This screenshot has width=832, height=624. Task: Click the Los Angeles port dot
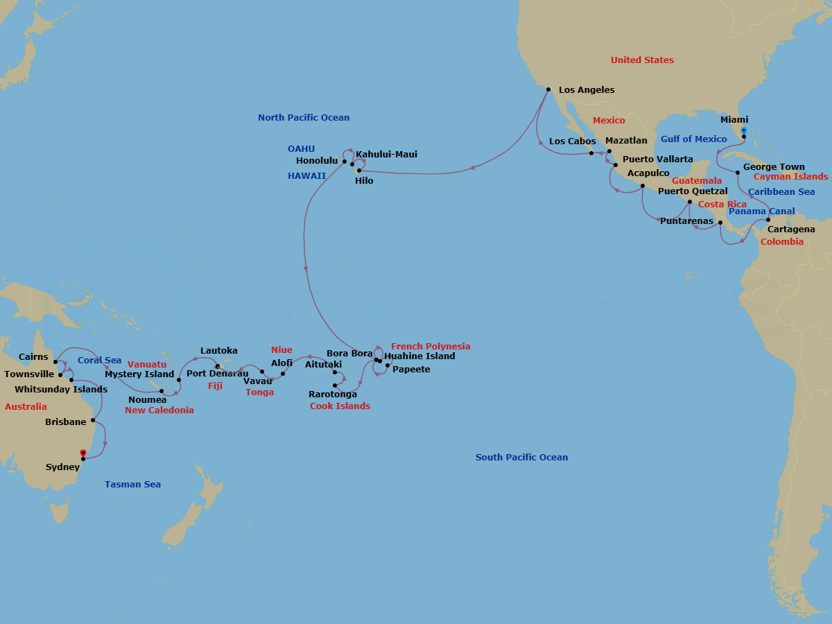click(x=548, y=89)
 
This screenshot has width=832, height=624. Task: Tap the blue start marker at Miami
click(x=743, y=130)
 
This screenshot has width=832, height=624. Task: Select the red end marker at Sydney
click(x=83, y=453)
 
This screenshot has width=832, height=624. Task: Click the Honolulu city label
click(x=317, y=161)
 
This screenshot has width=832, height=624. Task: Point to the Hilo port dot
click(x=358, y=170)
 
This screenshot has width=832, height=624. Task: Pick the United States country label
click(x=642, y=60)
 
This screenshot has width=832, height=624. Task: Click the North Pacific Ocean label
click(x=304, y=118)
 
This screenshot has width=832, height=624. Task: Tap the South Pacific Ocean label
click(x=521, y=458)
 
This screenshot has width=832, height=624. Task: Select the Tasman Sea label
click(x=132, y=485)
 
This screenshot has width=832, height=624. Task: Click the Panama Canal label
click(x=762, y=211)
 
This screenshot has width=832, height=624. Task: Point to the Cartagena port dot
click(x=768, y=220)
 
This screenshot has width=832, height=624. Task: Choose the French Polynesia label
click(x=431, y=347)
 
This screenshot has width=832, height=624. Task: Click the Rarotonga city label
click(x=333, y=395)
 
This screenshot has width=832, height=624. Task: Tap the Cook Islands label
click(x=340, y=406)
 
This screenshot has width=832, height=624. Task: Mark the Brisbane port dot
click(x=93, y=420)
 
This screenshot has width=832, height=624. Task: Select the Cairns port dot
click(x=55, y=362)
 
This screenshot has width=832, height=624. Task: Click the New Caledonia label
click(x=159, y=410)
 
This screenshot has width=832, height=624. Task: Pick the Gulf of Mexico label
click(x=693, y=139)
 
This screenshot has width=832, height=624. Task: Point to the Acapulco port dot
click(x=643, y=186)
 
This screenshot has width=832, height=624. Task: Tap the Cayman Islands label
click(x=790, y=177)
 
